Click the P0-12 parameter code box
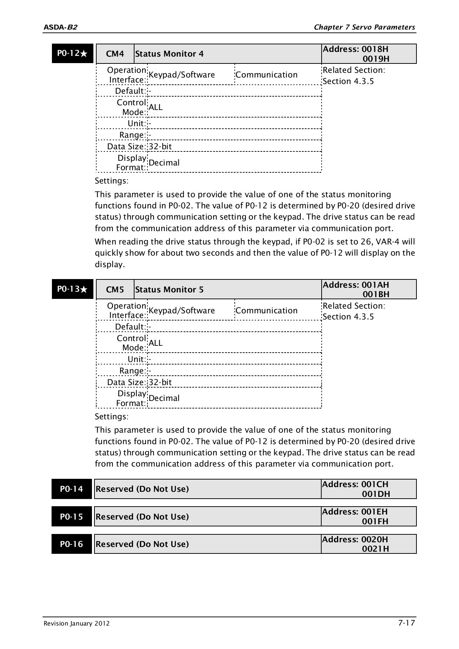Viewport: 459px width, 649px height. pyautogui.click(x=72, y=54)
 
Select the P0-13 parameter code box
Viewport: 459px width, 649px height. pyautogui.click(x=72, y=289)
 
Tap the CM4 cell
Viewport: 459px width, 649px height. pyautogui.click(x=115, y=54)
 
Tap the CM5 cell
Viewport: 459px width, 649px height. pyautogui.click(x=115, y=290)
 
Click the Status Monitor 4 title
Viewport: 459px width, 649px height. pyautogui.click(x=169, y=54)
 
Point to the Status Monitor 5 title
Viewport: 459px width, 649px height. pyautogui.click(x=169, y=290)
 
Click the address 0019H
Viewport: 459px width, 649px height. pyautogui.click(x=376, y=59)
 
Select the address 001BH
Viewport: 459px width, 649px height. pyautogui.click(x=376, y=294)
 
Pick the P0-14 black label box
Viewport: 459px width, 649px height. pyautogui.click(x=71, y=489)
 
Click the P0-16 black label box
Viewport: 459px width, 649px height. pyautogui.click(x=71, y=544)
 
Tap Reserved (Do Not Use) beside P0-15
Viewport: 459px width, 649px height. pyautogui.click(x=142, y=517)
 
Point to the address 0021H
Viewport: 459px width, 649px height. pyautogui.click(x=375, y=549)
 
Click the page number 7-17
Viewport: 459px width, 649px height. pyautogui.click(x=407, y=623)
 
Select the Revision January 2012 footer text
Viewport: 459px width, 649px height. pyautogui.click(x=76, y=624)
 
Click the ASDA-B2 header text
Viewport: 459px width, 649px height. pyautogui.click(x=60, y=27)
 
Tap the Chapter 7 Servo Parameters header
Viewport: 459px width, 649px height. pyautogui.click(x=364, y=27)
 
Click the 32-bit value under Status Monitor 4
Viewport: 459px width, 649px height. pyautogui.click(x=160, y=146)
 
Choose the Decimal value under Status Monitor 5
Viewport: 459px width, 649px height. pyautogui.click(x=164, y=398)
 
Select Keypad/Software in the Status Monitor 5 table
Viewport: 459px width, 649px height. pyautogui.click(x=181, y=310)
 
